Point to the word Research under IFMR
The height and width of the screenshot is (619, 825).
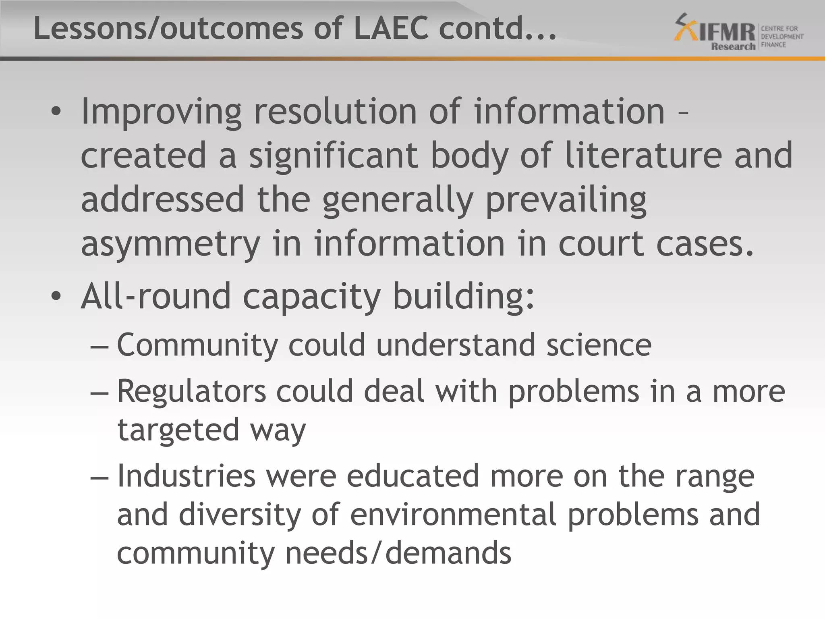(x=733, y=47)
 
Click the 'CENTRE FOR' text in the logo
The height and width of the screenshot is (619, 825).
(x=779, y=29)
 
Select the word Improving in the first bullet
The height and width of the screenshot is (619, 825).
(x=161, y=112)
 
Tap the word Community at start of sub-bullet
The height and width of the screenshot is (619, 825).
(x=197, y=346)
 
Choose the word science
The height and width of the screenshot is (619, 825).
(x=599, y=345)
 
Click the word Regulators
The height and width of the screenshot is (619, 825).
(x=192, y=391)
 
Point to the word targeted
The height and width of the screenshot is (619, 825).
(x=178, y=430)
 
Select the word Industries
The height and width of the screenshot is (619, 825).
(x=186, y=476)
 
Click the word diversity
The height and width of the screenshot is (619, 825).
(x=240, y=515)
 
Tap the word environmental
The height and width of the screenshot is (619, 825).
(x=453, y=515)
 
